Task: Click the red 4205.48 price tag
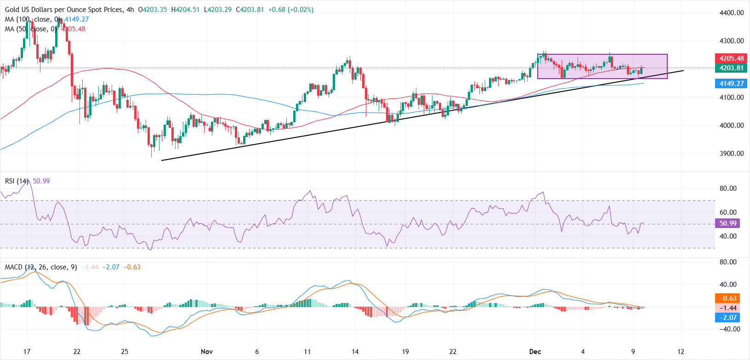tap(731, 58)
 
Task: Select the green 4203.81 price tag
tap(731, 68)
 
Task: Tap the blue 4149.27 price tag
tap(731, 84)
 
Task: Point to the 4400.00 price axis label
tap(732, 13)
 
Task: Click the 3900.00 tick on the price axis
tap(732, 154)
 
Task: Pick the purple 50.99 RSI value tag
tap(728, 223)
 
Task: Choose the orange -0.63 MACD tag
tap(728, 298)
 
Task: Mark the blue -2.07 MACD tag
tap(728, 317)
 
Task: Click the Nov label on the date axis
tap(207, 352)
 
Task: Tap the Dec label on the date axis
tap(535, 352)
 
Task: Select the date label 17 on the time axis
tap(27, 352)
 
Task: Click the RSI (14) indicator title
tap(17, 181)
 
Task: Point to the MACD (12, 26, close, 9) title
tap(41, 267)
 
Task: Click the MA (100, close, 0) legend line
tap(32, 19)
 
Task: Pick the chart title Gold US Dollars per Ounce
tap(64, 10)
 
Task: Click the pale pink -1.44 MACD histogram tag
tap(728, 308)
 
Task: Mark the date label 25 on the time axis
tap(125, 352)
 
